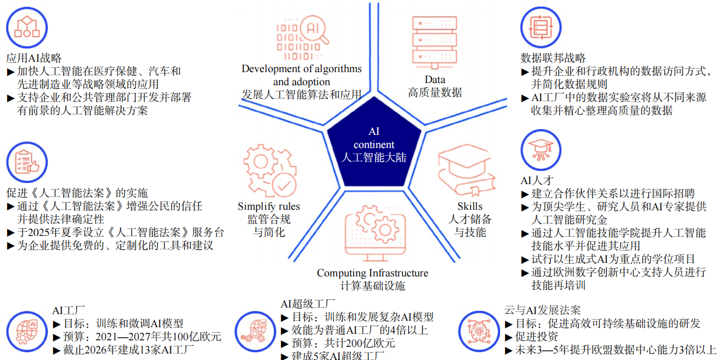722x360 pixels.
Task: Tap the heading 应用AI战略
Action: click(x=34, y=58)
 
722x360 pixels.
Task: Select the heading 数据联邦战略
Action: click(x=553, y=58)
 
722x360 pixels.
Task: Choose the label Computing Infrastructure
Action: click(x=372, y=273)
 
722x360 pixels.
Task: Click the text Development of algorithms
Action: click(x=302, y=69)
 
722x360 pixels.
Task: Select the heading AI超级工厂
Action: click(x=308, y=304)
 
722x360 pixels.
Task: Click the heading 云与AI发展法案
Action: click(x=542, y=310)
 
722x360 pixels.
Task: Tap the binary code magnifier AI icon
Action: click(x=302, y=39)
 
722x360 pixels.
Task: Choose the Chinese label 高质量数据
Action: click(x=435, y=92)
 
